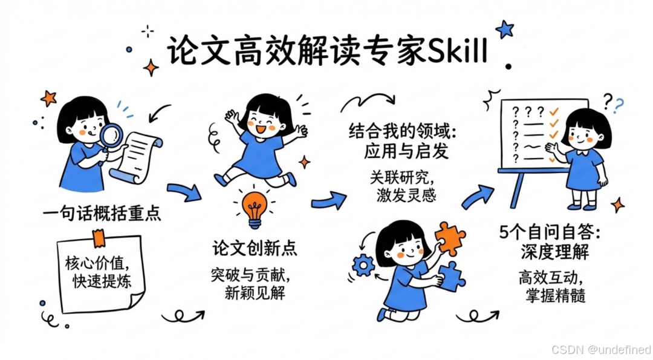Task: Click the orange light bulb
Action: pos(255,205)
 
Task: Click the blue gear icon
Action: pos(363,265)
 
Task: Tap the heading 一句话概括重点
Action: pos(102,214)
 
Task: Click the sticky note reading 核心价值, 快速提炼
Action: pos(100,273)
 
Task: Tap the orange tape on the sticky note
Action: pos(98,237)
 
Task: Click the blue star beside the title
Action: pos(504,28)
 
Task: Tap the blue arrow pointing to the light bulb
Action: pos(184,192)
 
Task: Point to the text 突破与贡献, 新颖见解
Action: pos(250,284)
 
